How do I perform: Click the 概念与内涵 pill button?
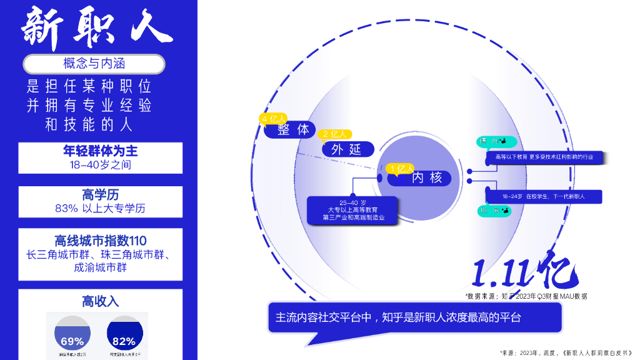coord(94,64)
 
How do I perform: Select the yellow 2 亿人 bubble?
coord(334,134)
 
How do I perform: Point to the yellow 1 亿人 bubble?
coord(401,169)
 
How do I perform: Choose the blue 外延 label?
coord(348,149)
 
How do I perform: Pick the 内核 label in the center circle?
coord(427,178)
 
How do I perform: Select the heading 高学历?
coord(101,194)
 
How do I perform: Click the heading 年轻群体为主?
coord(101,151)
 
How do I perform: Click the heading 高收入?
coord(101,301)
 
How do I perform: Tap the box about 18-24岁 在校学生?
coord(543,196)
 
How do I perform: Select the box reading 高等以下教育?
coord(543,157)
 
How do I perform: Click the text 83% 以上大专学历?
coord(101,209)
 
